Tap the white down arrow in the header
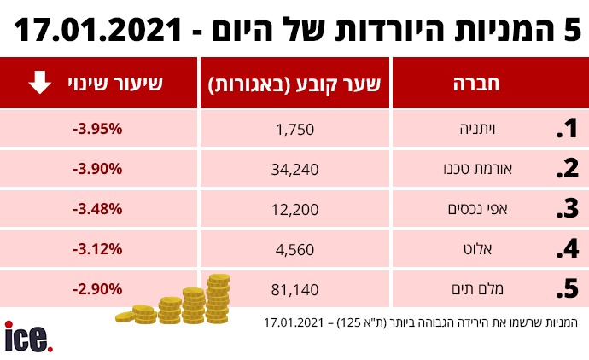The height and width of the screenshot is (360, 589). [38, 84]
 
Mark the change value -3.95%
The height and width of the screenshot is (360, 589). [98, 129]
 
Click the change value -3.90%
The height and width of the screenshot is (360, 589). [98, 168]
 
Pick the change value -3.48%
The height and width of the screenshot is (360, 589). [98, 208]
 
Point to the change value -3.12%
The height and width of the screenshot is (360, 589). [98, 248]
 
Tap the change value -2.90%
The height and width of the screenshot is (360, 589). [98, 288]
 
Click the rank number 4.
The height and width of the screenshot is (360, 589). [568, 250]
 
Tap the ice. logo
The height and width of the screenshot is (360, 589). [28, 335]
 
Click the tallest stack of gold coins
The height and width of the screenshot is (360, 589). [219, 299]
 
